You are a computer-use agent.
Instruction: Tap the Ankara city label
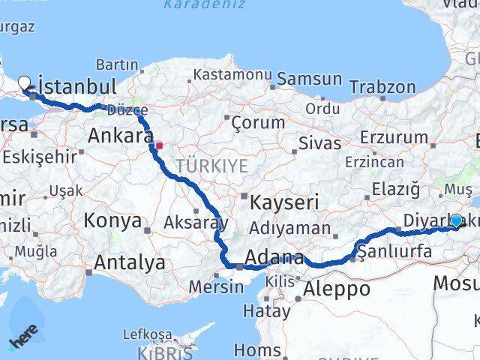click(x=121, y=136)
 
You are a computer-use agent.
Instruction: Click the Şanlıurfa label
click(x=395, y=251)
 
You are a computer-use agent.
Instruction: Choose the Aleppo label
click(x=337, y=289)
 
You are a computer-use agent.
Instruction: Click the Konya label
click(x=112, y=220)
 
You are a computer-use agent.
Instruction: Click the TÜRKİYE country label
click(x=212, y=166)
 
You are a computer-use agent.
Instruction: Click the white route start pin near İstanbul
click(x=24, y=84)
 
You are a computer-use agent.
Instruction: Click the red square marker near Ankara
click(x=159, y=145)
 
